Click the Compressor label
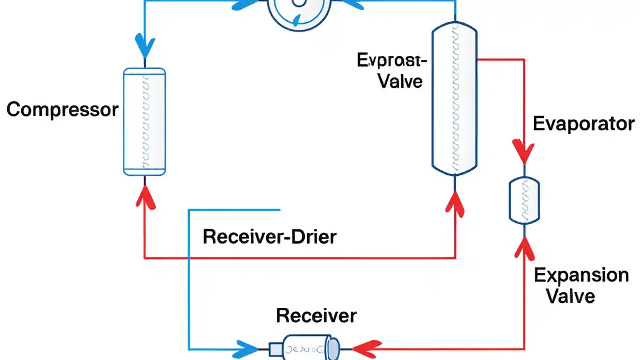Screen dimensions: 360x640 point(62,109)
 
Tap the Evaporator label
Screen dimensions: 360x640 point(584,123)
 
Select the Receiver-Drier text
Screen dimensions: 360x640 point(270,236)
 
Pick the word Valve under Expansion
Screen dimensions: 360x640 point(570,296)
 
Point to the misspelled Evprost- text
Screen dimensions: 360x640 point(392,60)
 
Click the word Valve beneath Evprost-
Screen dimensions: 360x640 point(400,81)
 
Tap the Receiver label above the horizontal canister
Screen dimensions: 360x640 point(316,315)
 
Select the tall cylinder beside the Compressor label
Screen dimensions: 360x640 point(144,122)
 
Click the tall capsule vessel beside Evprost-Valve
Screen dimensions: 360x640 point(454,99)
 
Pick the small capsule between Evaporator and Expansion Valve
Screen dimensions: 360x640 point(524,199)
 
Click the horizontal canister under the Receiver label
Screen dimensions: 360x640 point(305,347)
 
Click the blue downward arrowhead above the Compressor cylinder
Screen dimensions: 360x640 point(144,46)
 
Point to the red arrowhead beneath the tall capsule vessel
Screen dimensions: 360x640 point(455,202)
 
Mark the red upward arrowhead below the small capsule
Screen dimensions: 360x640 point(524,246)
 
